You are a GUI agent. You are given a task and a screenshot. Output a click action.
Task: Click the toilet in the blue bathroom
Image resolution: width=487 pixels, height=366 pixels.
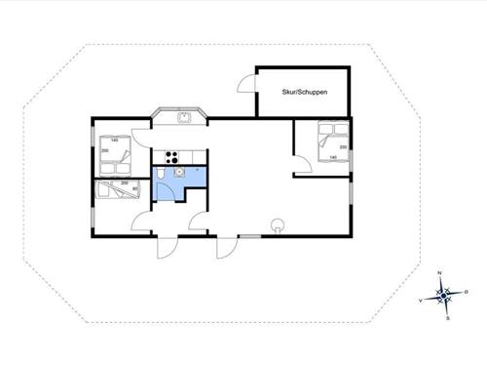coord(159,175)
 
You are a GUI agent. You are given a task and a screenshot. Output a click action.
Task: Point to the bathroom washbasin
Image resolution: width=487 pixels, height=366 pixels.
coord(178,173)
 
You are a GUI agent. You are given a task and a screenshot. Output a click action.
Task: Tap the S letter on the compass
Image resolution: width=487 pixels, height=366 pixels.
coord(446,318)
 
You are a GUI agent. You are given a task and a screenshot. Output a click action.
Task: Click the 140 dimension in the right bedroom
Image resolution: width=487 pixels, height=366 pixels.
coord(333,157)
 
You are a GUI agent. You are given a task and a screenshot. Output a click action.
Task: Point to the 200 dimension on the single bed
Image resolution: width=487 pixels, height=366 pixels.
coord(124,183)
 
